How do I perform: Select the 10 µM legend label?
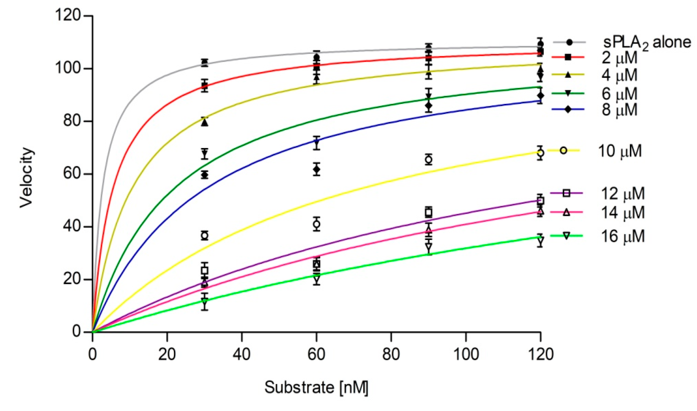coord(620,151)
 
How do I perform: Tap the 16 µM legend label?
coord(623,236)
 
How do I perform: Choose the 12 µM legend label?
coord(623,193)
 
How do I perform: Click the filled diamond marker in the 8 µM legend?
coord(568,109)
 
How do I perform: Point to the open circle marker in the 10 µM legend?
coord(564,151)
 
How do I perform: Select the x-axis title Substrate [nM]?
coord(316,387)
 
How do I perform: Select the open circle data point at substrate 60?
coord(316,224)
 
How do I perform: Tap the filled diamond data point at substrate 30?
coord(205,175)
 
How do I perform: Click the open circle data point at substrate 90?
coord(429,160)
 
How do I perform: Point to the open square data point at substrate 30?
coord(205,270)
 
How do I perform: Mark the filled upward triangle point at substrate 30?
coord(205,123)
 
